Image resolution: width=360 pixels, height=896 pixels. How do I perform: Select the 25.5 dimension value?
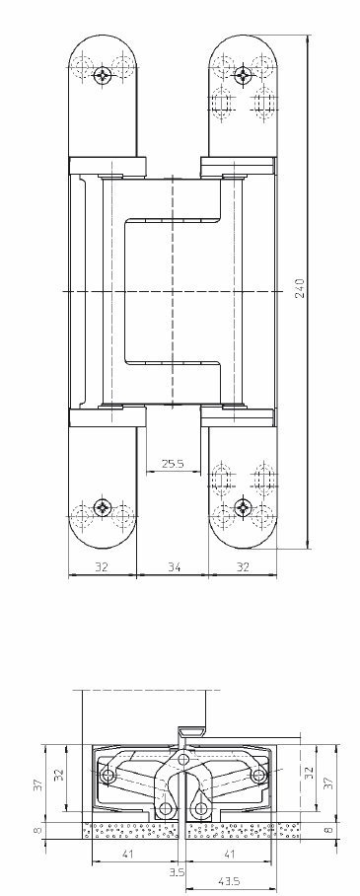tap(172, 464)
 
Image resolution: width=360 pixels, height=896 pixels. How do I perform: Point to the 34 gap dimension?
tap(175, 566)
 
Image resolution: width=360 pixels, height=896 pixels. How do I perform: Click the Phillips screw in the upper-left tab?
tap(103, 74)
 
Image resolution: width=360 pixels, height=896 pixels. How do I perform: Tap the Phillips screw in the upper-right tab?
tap(243, 74)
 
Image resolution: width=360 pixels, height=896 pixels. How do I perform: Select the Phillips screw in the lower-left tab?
tap(103, 506)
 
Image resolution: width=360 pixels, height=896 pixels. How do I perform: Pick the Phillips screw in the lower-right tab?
tap(243, 506)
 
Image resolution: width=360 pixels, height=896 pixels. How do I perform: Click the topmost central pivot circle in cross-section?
tap(182, 760)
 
